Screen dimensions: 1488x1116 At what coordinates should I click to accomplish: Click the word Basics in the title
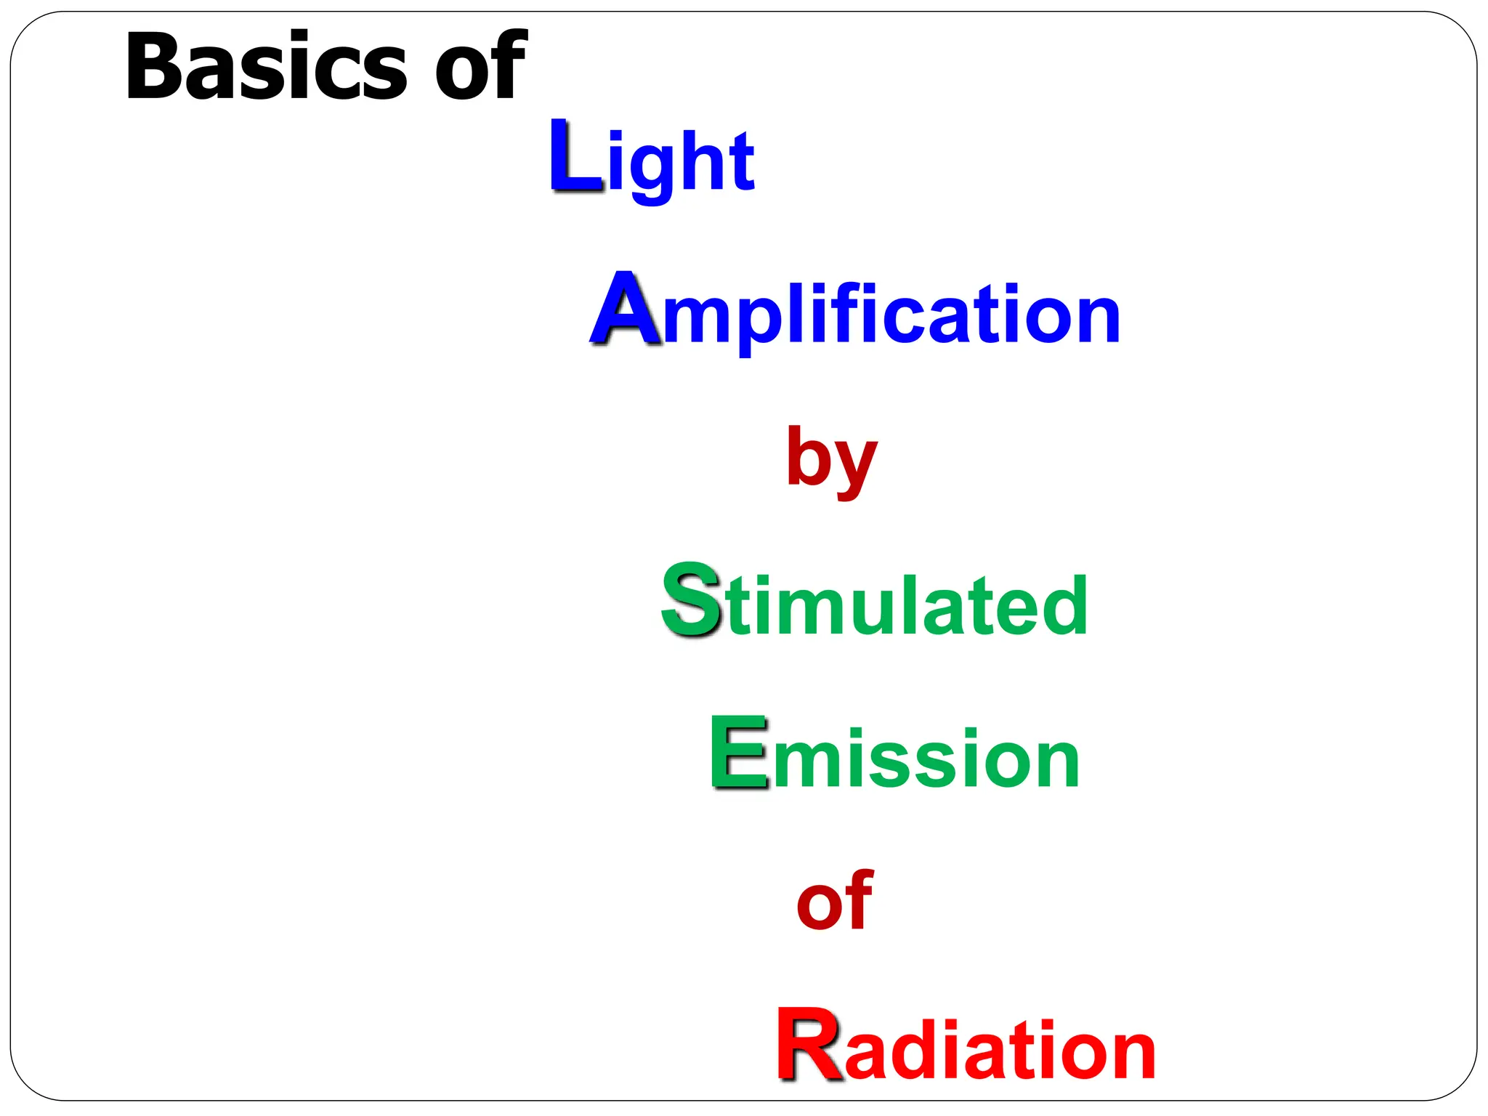[265, 67]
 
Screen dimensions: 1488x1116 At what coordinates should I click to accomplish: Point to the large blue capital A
[625, 310]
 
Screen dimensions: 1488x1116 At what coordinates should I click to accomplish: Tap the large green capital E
[738, 753]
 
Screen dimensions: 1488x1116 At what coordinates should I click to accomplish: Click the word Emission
[894, 756]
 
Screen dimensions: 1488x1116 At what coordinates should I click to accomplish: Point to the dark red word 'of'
[834, 901]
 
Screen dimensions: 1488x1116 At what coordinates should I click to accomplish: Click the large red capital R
[809, 1046]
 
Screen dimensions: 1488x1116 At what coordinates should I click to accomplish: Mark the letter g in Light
[652, 169]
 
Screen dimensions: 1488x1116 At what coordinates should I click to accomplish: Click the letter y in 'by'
[855, 468]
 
